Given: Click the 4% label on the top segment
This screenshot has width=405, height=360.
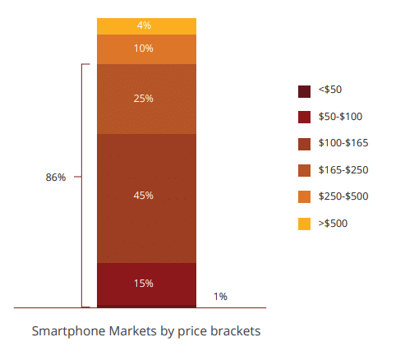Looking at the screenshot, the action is (144, 25).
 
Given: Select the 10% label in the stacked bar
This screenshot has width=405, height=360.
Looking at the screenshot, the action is (144, 48).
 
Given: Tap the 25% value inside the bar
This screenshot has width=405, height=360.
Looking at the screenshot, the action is (144, 99).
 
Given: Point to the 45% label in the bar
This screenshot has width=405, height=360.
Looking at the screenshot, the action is (144, 196).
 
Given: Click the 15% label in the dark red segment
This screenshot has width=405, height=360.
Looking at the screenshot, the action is (144, 284).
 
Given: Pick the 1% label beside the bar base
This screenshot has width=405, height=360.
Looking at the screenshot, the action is (220, 297).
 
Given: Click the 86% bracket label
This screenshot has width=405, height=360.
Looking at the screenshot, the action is (56, 178).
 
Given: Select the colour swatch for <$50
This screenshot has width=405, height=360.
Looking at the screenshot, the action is (304, 91).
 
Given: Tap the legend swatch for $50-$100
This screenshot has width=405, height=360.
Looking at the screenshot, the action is (304, 117).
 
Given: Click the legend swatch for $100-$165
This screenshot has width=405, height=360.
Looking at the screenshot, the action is (304, 144).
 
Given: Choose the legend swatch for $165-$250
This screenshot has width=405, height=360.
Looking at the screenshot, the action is (304, 170).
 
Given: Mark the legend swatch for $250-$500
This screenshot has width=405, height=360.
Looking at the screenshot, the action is (304, 196).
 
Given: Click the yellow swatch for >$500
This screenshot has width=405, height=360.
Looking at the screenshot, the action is (304, 224).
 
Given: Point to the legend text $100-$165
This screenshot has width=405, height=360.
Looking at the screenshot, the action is (343, 143).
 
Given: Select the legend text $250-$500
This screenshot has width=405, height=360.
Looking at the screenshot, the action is (343, 196).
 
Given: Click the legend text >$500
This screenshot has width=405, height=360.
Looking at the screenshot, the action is (333, 224).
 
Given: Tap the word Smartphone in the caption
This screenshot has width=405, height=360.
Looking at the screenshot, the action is (69, 331).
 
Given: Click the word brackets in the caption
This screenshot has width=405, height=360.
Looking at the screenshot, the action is (236, 331).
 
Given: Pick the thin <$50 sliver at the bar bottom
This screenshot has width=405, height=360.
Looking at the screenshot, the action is (146, 307).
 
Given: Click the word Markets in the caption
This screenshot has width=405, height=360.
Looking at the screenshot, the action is (133, 331).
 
